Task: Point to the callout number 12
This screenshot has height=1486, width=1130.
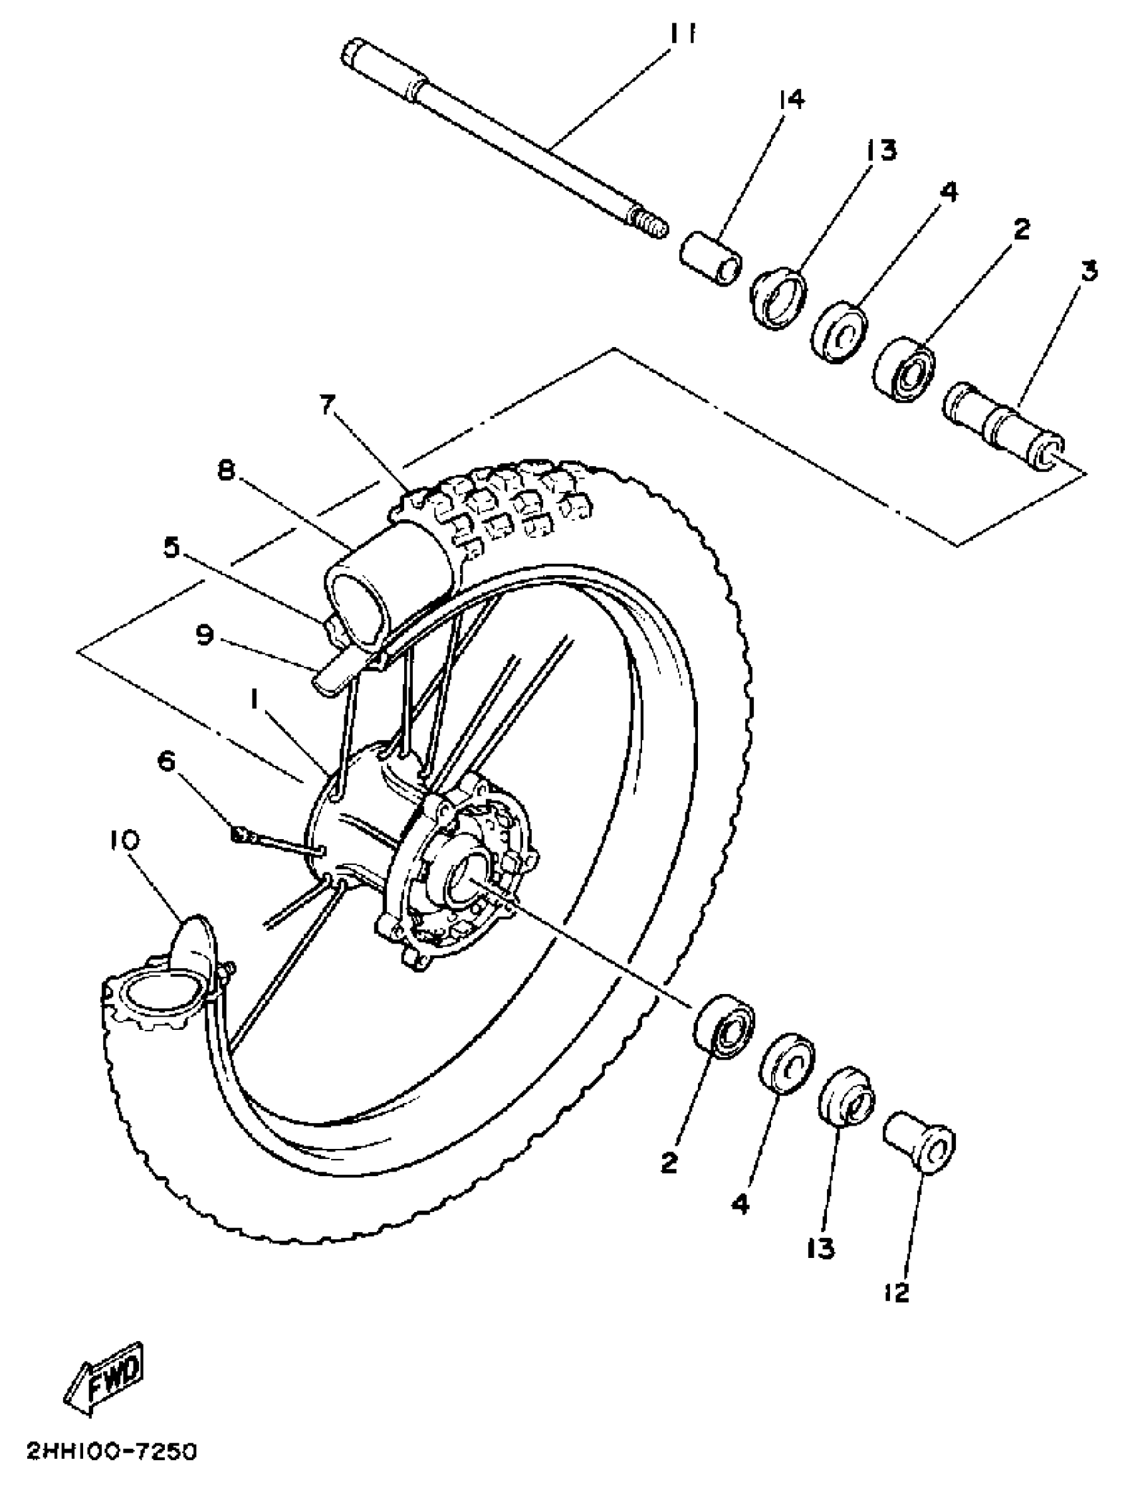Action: click(898, 1292)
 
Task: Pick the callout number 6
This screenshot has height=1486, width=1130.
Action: click(166, 761)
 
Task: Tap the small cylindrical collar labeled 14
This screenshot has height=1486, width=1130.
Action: click(711, 259)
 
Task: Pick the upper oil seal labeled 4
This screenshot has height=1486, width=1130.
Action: click(839, 334)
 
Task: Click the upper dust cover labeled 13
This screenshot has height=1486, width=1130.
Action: click(780, 298)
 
